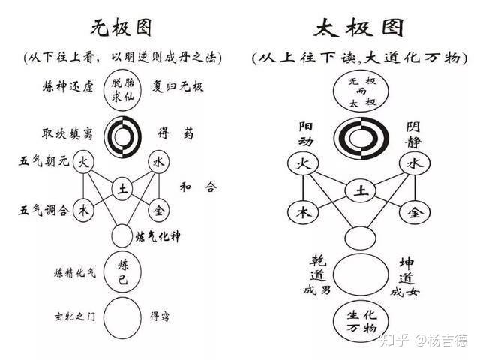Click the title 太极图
coord(359,28)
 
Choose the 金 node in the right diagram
coord(413,212)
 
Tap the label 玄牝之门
coord(73,315)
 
